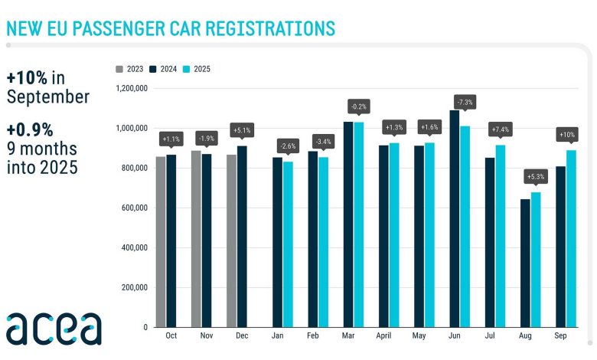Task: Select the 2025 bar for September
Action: (571, 238)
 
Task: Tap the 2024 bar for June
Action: (454, 218)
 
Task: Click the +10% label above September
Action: (566, 134)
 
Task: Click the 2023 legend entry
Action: (132, 69)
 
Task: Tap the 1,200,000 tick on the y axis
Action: (130, 88)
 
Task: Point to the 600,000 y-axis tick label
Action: (134, 208)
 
